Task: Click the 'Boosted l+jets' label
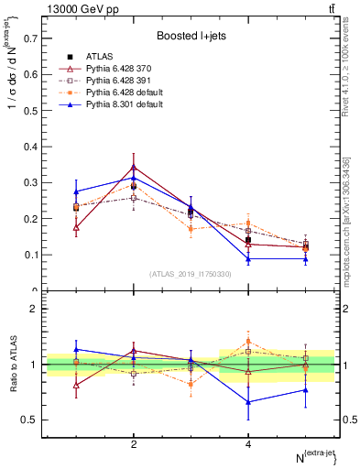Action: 190,35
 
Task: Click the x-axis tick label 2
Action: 134,444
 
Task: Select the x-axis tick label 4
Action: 248,444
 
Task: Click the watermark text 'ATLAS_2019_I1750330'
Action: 190,274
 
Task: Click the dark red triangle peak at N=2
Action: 134,168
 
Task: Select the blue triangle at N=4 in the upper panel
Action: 248,258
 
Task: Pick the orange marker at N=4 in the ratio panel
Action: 248,342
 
